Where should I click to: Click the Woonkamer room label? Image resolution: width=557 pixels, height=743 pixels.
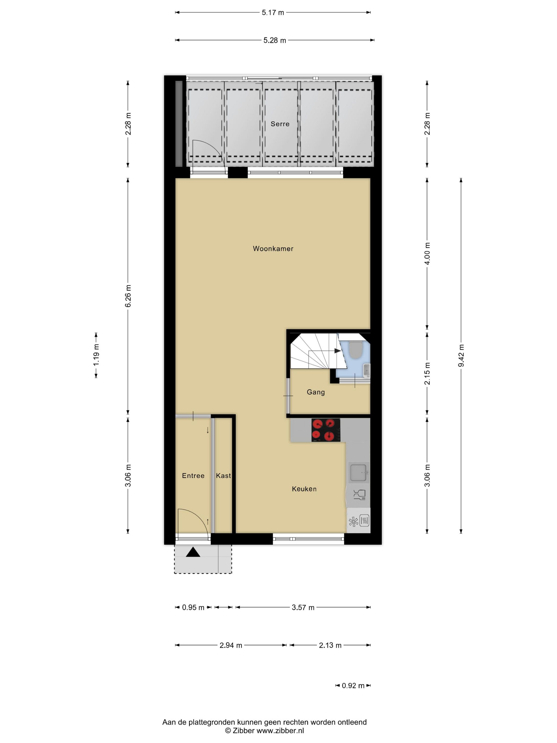point(273,249)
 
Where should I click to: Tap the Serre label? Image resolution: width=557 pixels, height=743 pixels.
point(280,124)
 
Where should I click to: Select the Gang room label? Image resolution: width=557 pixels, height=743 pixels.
point(316,392)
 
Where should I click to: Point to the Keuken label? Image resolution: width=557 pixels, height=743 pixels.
point(304,489)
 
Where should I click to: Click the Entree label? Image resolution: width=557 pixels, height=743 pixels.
point(193,475)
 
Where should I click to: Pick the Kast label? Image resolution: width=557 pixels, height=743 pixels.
point(223,475)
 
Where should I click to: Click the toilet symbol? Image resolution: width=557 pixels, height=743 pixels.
point(355,349)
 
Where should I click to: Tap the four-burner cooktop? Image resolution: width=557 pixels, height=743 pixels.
point(326,430)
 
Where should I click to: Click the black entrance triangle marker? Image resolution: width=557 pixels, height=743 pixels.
point(193,552)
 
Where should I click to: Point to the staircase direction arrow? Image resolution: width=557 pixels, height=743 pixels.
point(337,351)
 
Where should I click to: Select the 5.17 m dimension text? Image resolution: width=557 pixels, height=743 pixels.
point(273,13)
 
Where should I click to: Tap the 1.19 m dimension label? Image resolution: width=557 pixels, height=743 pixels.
point(96,355)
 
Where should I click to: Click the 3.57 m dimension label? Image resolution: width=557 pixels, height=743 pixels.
point(303,607)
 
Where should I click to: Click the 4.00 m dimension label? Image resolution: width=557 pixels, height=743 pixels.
point(427,254)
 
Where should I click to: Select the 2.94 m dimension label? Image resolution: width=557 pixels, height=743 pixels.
point(231,645)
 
